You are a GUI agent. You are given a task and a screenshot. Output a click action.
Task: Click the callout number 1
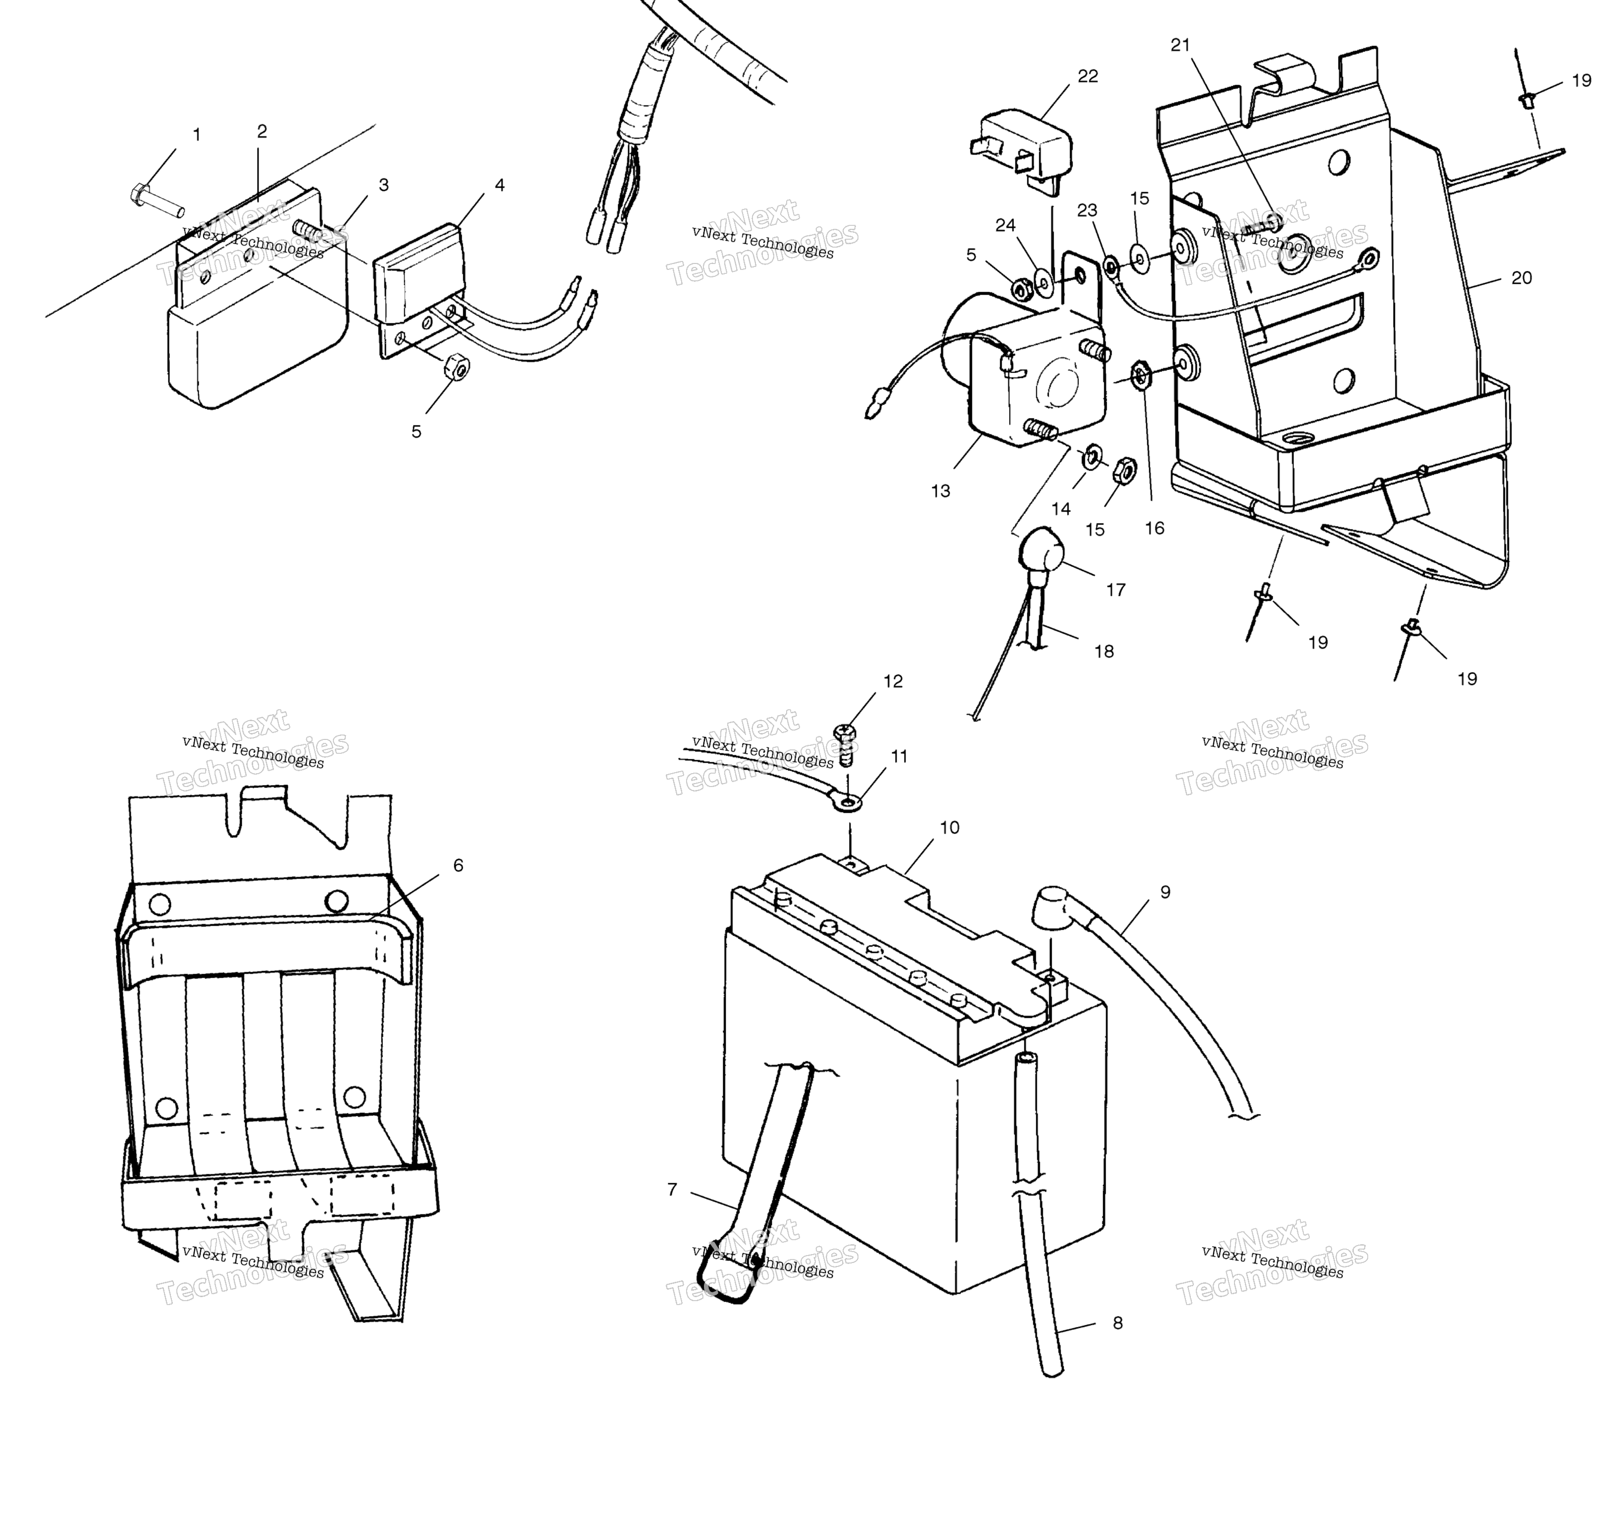pyautogui.click(x=196, y=135)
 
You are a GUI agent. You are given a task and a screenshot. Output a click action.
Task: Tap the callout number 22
pyautogui.click(x=1087, y=76)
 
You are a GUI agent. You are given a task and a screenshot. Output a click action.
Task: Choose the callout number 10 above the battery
pyautogui.click(x=950, y=828)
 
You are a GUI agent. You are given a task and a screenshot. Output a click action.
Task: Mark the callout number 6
pyautogui.click(x=459, y=866)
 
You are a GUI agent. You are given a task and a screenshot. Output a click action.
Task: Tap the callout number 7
pyautogui.click(x=672, y=1189)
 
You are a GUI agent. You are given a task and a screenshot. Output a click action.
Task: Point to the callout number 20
pyautogui.click(x=1522, y=278)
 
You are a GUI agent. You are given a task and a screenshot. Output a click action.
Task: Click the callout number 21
pyautogui.click(x=1180, y=46)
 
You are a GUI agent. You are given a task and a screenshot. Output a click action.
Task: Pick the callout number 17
pyautogui.click(x=1116, y=590)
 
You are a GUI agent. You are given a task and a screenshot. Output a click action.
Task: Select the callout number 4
pyautogui.click(x=500, y=185)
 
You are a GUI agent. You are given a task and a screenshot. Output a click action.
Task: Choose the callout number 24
pyautogui.click(x=1006, y=225)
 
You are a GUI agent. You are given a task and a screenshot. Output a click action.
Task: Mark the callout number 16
pyautogui.click(x=1154, y=528)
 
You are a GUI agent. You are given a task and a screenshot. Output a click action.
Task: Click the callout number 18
pyautogui.click(x=1104, y=651)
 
